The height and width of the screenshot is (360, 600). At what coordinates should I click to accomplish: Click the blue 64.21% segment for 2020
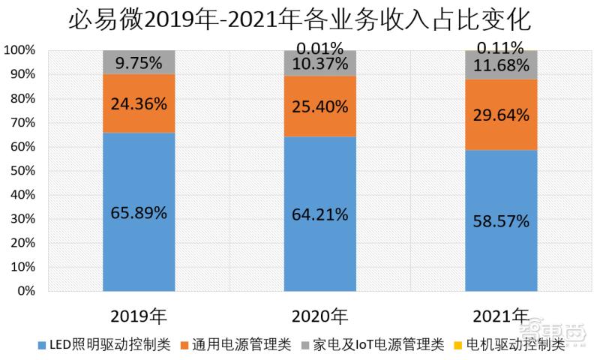click(320, 214)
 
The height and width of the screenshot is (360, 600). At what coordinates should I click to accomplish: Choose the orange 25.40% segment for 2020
click(320, 106)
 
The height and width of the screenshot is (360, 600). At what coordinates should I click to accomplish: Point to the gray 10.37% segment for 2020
click(320, 64)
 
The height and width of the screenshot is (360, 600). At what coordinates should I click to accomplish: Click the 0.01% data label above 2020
click(320, 46)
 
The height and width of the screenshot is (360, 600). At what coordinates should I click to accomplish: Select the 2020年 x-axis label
click(320, 313)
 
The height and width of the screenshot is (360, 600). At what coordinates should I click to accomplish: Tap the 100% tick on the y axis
click(21, 51)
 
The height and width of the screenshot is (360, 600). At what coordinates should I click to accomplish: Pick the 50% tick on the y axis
click(23, 171)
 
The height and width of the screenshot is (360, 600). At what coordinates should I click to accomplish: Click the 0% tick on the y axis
click(26, 291)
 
